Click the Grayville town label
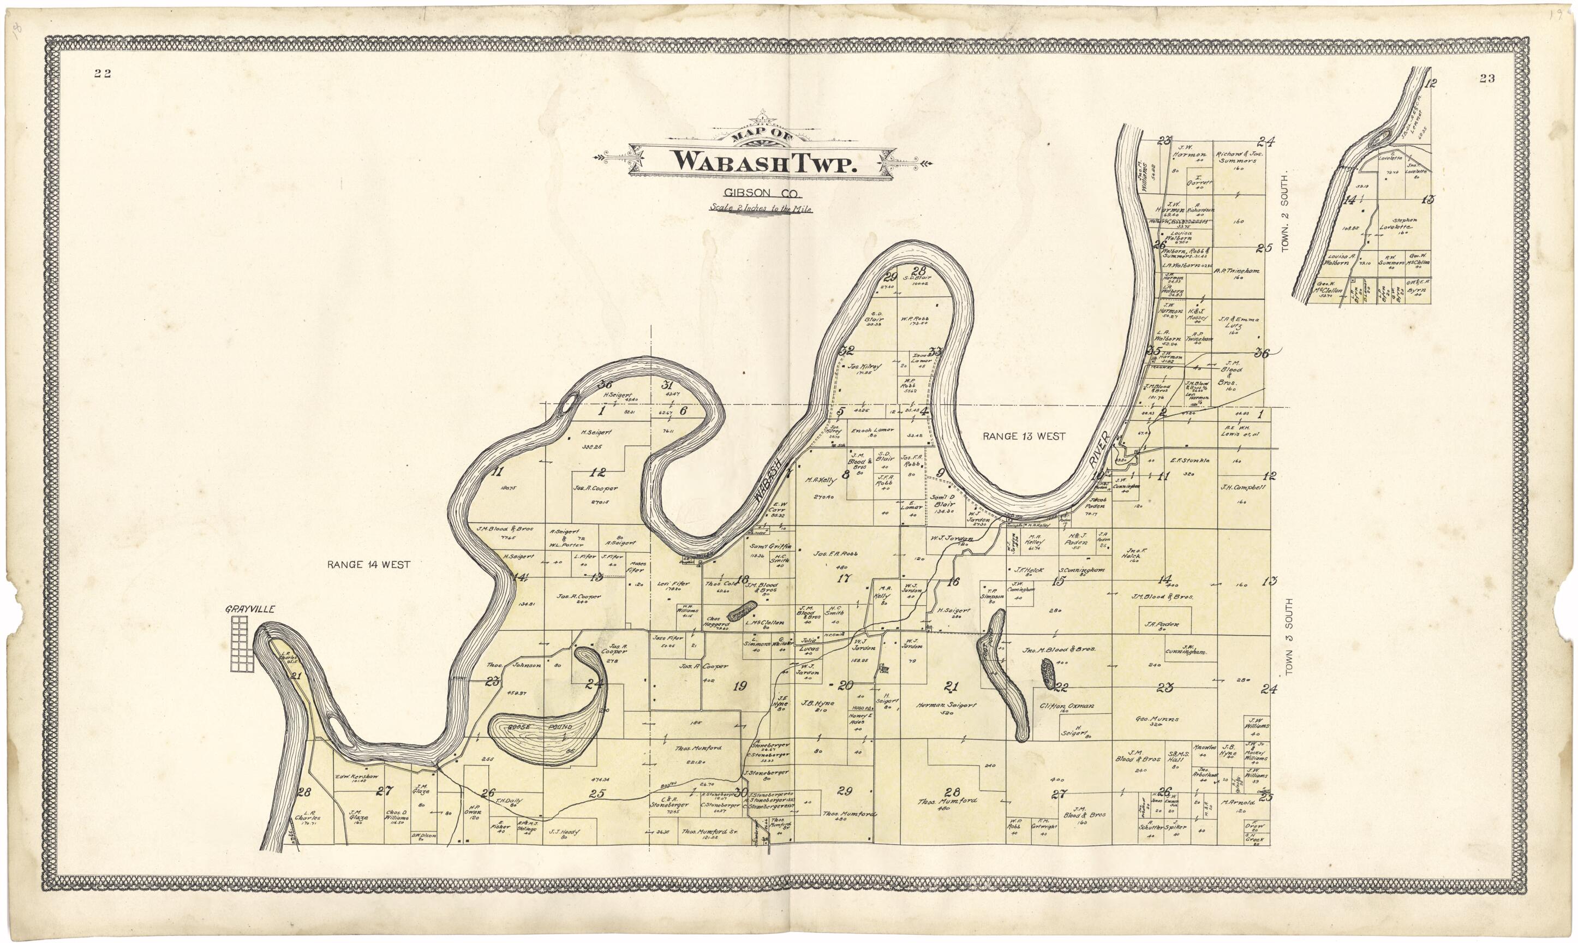(250, 609)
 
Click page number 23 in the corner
(1486, 78)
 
